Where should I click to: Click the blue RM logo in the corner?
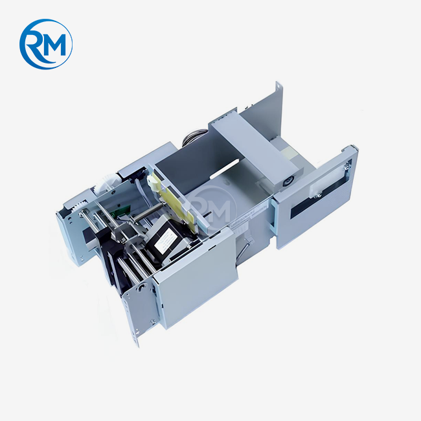click(45, 44)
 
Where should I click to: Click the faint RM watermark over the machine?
click(212, 207)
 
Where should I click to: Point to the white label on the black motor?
click(165, 240)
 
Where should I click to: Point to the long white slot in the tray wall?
click(225, 169)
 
